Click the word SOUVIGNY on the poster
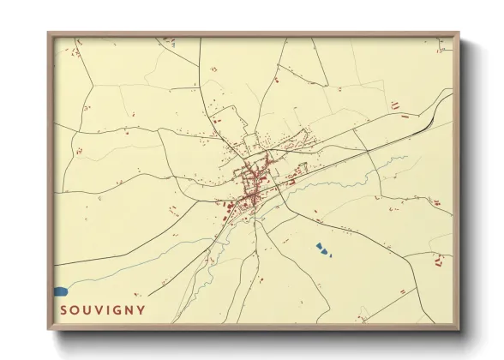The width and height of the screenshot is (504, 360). [x=103, y=310]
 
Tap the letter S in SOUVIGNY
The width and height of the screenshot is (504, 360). [x=64, y=310]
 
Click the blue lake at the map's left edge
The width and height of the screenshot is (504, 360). [x=60, y=291]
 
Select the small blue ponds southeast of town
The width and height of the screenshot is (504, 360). [x=321, y=249]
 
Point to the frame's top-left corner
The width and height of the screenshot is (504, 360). [x=50, y=34]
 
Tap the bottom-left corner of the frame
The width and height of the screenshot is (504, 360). [x=50, y=328]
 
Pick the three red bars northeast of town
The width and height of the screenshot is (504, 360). [x=395, y=105]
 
